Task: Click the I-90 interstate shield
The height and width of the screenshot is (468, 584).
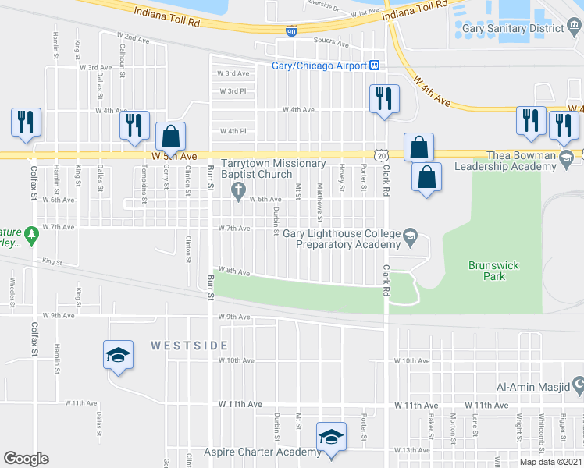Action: pos(290,31)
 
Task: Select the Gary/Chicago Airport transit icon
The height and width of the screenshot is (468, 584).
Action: pos(375,66)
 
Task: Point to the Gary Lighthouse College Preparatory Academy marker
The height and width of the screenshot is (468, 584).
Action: pos(410,235)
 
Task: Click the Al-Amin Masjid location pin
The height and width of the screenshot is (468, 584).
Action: pos(578,385)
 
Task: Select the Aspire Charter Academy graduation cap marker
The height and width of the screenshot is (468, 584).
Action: pos(331,436)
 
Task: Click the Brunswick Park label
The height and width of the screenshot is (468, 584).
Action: pos(493,271)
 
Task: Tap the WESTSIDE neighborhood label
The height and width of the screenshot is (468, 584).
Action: pos(190,345)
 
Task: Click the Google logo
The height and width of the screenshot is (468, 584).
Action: pos(26,459)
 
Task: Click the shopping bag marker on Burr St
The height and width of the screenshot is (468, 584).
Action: pos(170,136)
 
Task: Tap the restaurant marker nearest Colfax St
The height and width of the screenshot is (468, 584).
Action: pos(26,122)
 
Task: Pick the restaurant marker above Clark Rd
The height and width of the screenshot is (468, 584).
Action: pos(383,98)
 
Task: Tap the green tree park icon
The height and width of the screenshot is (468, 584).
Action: pos(30,233)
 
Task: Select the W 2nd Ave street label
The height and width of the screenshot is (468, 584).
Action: pos(132,37)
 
